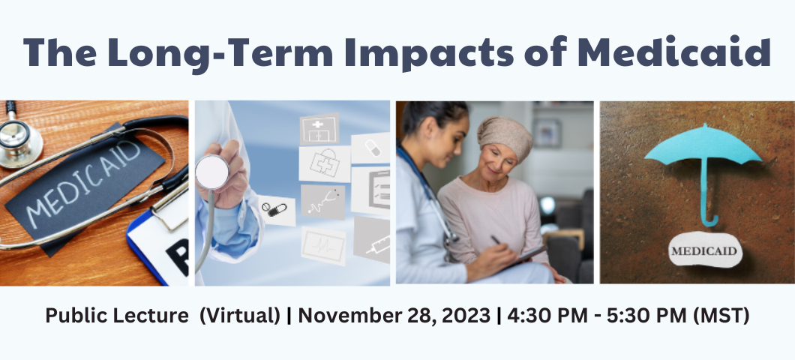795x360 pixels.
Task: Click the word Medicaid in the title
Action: (x=674, y=52)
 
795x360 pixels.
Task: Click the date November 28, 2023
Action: (x=394, y=316)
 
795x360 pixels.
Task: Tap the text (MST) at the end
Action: (x=721, y=316)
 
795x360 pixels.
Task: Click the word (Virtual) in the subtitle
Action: (x=240, y=316)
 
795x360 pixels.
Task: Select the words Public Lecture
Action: (x=117, y=316)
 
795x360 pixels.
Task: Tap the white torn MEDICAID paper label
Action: (x=705, y=250)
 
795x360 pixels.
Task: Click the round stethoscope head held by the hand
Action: (x=212, y=172)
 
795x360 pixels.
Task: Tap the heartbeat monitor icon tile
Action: (x=323, y=246)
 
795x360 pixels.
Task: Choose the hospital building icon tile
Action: (x=319, y=128)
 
